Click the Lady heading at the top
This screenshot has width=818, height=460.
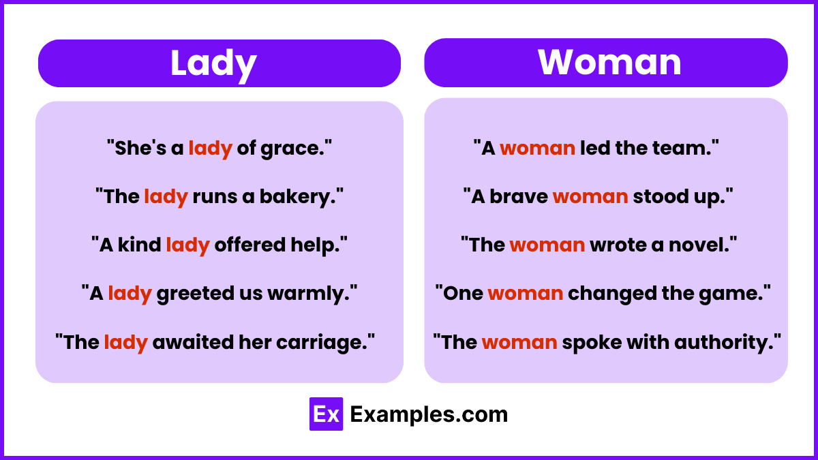213,63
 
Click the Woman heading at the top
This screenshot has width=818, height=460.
609,62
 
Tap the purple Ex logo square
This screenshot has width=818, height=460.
326,414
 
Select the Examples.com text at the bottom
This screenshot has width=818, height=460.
429,414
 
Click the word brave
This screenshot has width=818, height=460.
519,196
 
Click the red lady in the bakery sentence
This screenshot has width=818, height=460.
166,197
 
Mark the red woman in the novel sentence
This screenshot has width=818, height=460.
547,245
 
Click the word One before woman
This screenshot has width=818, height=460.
463,293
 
